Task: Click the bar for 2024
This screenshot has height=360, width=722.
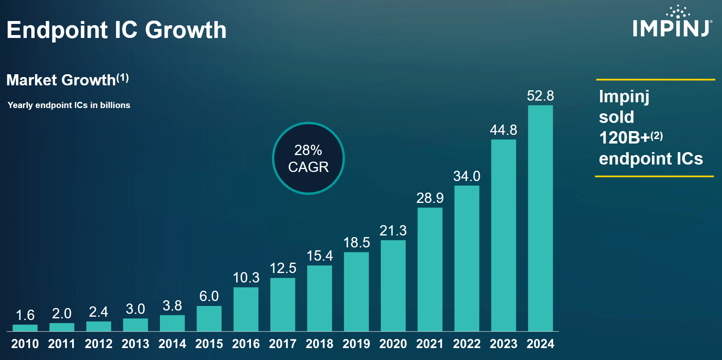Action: pos(540,219)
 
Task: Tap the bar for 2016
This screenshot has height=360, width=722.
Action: pos(246,309)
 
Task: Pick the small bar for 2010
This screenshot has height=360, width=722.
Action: pos(25,328)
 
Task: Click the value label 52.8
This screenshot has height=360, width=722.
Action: pos(540,96)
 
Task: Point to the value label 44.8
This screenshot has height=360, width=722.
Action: pos(503,130)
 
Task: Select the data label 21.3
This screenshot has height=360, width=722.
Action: pos(393,231)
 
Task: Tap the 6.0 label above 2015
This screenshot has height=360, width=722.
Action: pos(209,296)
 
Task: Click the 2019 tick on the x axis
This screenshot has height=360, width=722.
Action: pos(356,344)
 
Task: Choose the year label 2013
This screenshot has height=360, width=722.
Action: pos(135,344)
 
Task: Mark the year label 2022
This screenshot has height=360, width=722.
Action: pos(466,344)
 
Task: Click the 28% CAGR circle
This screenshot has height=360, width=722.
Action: pos(308,158)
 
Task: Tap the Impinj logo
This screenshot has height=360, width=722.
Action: pos(672,23)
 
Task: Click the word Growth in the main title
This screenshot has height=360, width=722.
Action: pos(185,30)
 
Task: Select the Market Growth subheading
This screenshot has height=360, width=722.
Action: pos(61,80)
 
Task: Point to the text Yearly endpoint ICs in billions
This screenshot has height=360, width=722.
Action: pos(69,105)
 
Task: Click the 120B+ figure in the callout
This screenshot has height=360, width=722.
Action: pos(624,138)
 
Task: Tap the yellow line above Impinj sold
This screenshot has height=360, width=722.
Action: pos(655,80)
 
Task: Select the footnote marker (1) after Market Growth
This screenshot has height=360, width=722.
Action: pos(123,78)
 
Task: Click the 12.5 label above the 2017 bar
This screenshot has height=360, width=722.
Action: pos(283,268)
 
